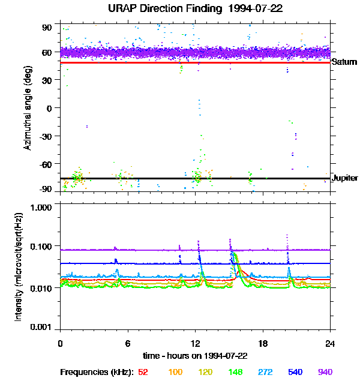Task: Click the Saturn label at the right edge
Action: [344, 62]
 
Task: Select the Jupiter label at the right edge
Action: [345, 178]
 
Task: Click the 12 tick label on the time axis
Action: [195, 344]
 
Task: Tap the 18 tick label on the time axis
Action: [263, 344]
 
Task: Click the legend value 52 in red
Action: [143, 373]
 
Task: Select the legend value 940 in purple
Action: [325, 373]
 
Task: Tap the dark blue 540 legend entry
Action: [295, 373]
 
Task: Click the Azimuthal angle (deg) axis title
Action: [28, 109]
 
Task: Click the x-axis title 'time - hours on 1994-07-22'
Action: [195, 356]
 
